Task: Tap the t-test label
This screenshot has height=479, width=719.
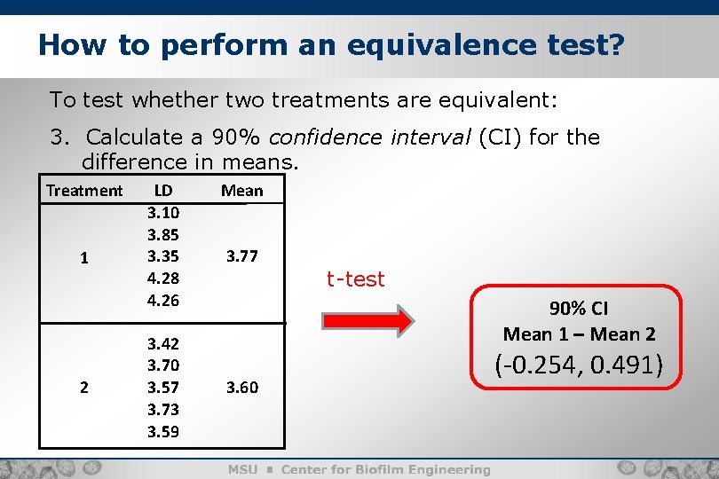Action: pyautogui.click(x=355, y=279)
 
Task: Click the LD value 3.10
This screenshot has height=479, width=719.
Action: pyautogui.click(x=163, y=214)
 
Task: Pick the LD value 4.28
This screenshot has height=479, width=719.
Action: pyautogui.click(x=163, y=279)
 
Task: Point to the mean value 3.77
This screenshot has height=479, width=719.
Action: pyautogui.click(x=241, y=257)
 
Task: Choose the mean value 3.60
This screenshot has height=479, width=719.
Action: pyautogui.click(x=241, y=387)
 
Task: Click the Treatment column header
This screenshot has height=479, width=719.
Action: pyautogui.click(x=84, y=191)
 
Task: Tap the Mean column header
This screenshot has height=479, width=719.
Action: pyautogui.click(x=241, y=191)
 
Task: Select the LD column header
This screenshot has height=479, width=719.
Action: pyautogui.click(x=163, y=190)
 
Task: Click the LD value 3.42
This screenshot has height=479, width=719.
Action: pyautogui.click(x=163, y=343)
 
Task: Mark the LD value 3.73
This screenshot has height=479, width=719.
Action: pyautogui.click(x=163, y=408)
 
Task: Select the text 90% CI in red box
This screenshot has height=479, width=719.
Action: pyautogui.click(x=579, y=309)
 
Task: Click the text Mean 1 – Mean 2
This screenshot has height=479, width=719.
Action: pyautogui.click(x=579, y=334)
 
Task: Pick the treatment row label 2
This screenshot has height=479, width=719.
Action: pyautogui.click(x=83, y=387)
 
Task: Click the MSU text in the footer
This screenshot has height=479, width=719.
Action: pyautogui.click(x=243, y=469)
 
